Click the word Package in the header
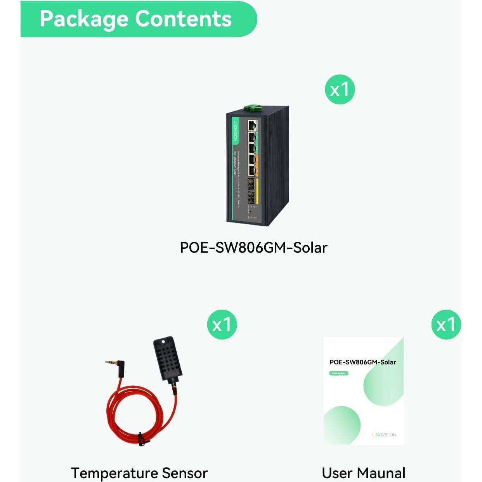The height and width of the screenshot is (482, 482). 84,19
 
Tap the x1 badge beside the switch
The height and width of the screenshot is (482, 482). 340,90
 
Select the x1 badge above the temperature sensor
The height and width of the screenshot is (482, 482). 222,324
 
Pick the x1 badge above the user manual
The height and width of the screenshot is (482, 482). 446,324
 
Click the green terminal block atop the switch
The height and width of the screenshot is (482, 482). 252,107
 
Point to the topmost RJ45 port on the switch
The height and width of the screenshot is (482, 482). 253,125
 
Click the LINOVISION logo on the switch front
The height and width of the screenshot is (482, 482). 235,130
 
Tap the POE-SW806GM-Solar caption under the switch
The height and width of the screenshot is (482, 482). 253,248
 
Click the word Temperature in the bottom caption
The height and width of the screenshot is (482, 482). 114,473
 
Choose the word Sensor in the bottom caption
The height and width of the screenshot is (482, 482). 185,473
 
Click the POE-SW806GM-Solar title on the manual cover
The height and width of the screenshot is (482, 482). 362,362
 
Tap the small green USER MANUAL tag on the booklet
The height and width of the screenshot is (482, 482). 338,373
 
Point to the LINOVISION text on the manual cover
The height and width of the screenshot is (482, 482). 384,435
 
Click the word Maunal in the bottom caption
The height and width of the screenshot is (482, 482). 381,473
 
